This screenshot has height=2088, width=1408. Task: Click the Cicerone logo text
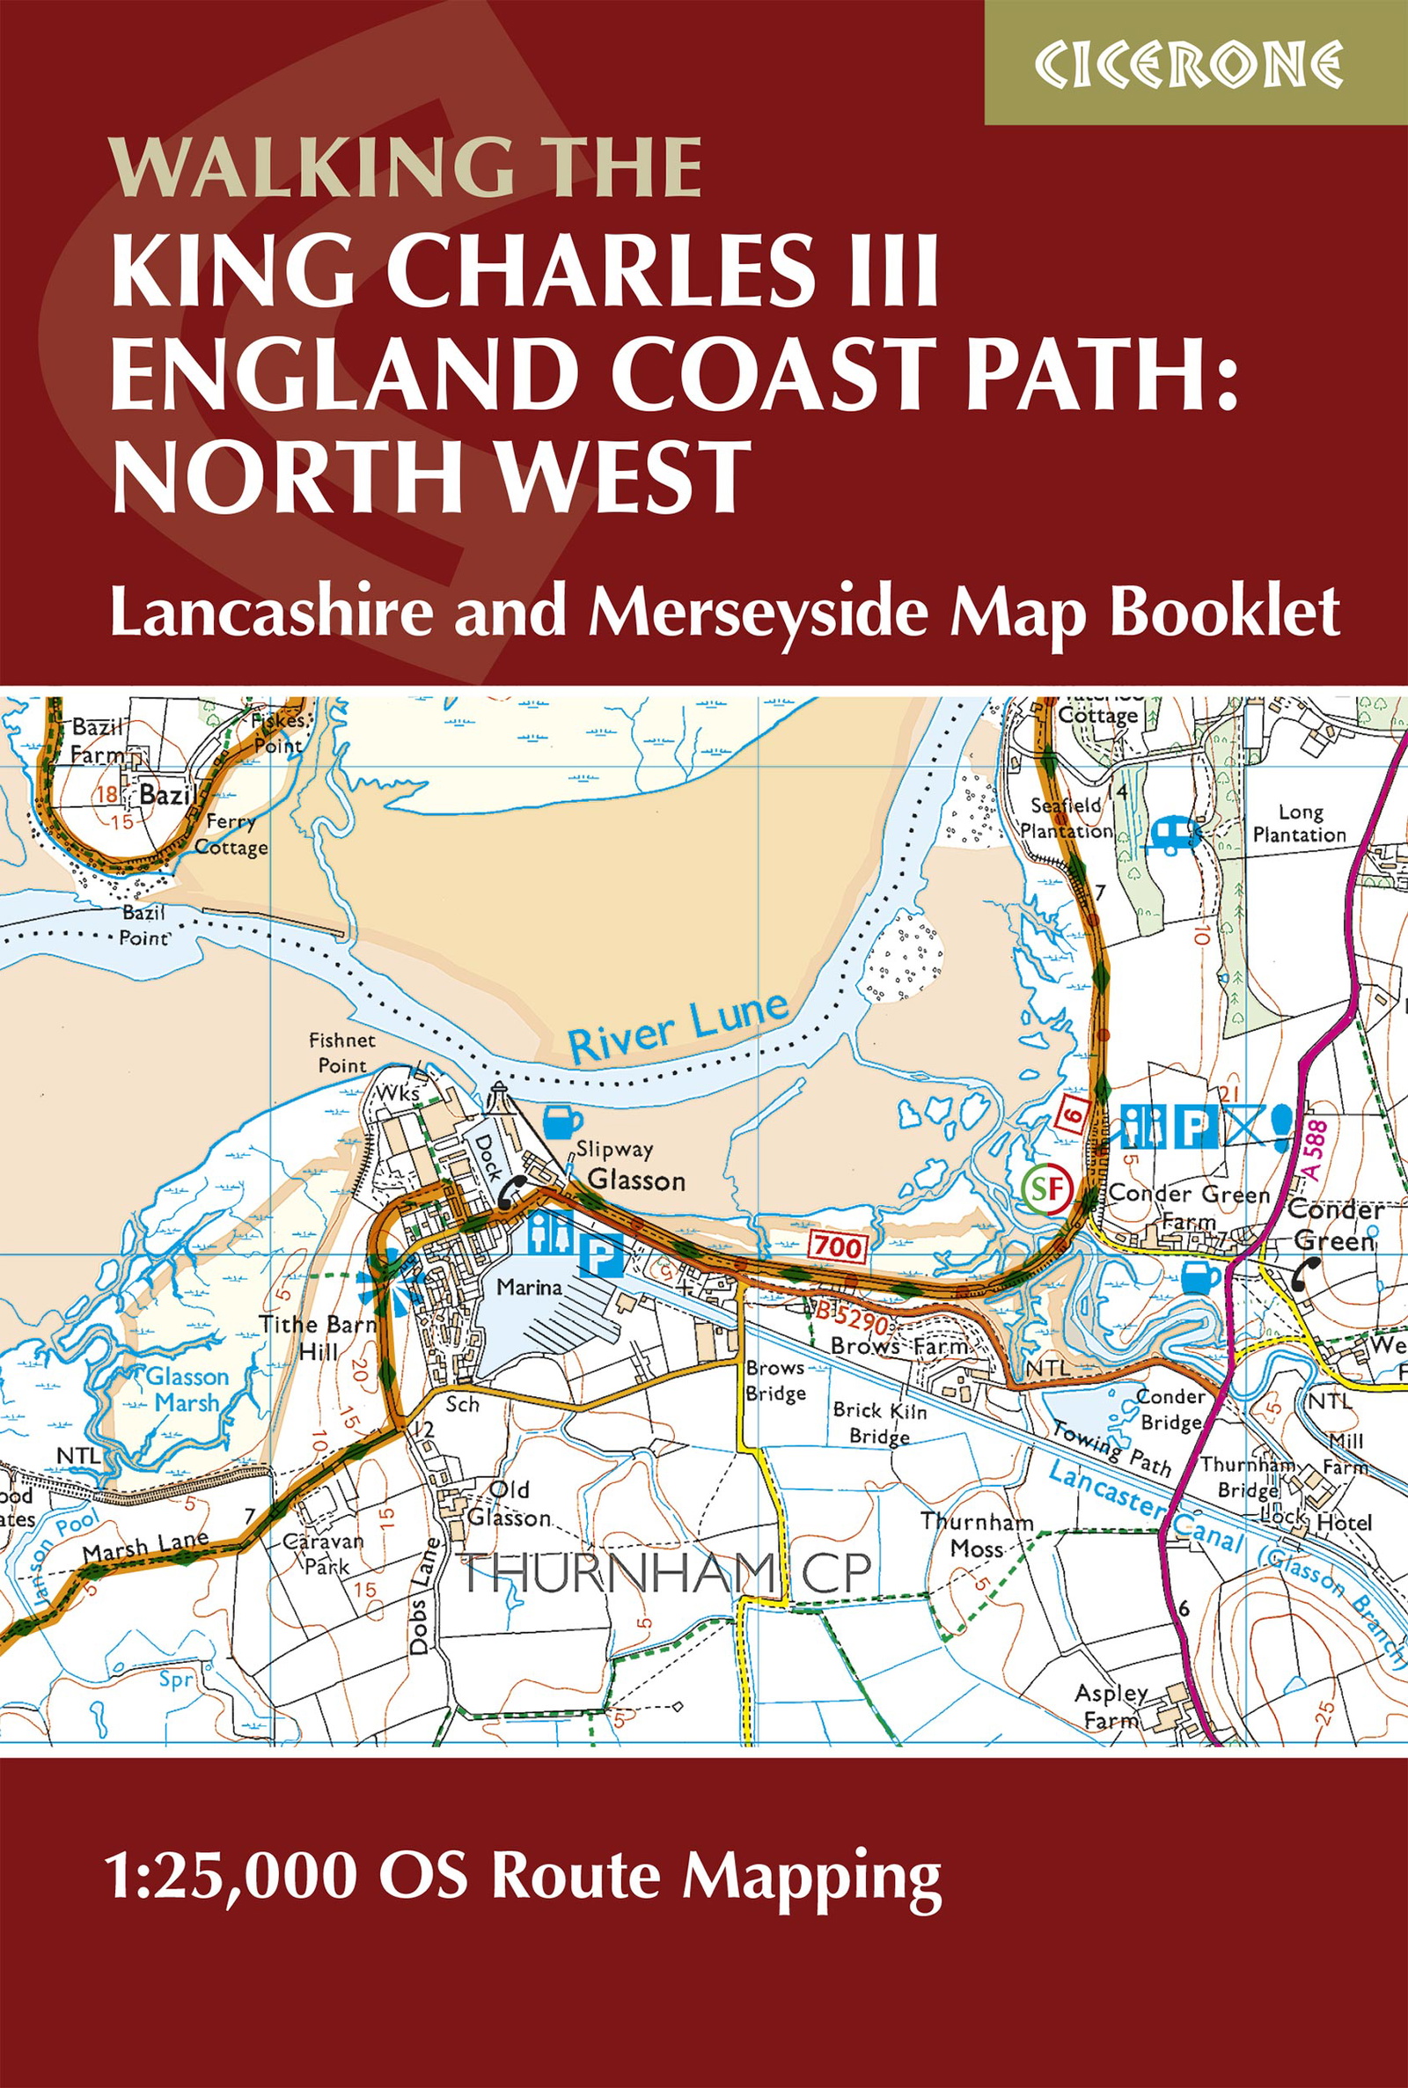1188,63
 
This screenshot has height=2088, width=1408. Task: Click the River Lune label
678,1028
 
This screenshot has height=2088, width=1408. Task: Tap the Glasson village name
635,1180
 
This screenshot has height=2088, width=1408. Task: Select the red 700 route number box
838,1246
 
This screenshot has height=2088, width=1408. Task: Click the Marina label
529,1287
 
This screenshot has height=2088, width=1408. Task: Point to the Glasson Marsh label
187,1388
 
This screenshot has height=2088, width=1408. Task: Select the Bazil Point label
143,925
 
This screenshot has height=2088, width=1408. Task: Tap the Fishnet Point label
342,1053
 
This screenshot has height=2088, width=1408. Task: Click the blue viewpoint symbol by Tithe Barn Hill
392,1276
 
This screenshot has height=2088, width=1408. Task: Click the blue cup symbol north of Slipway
564,1121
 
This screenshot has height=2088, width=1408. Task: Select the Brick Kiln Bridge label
879,1423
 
